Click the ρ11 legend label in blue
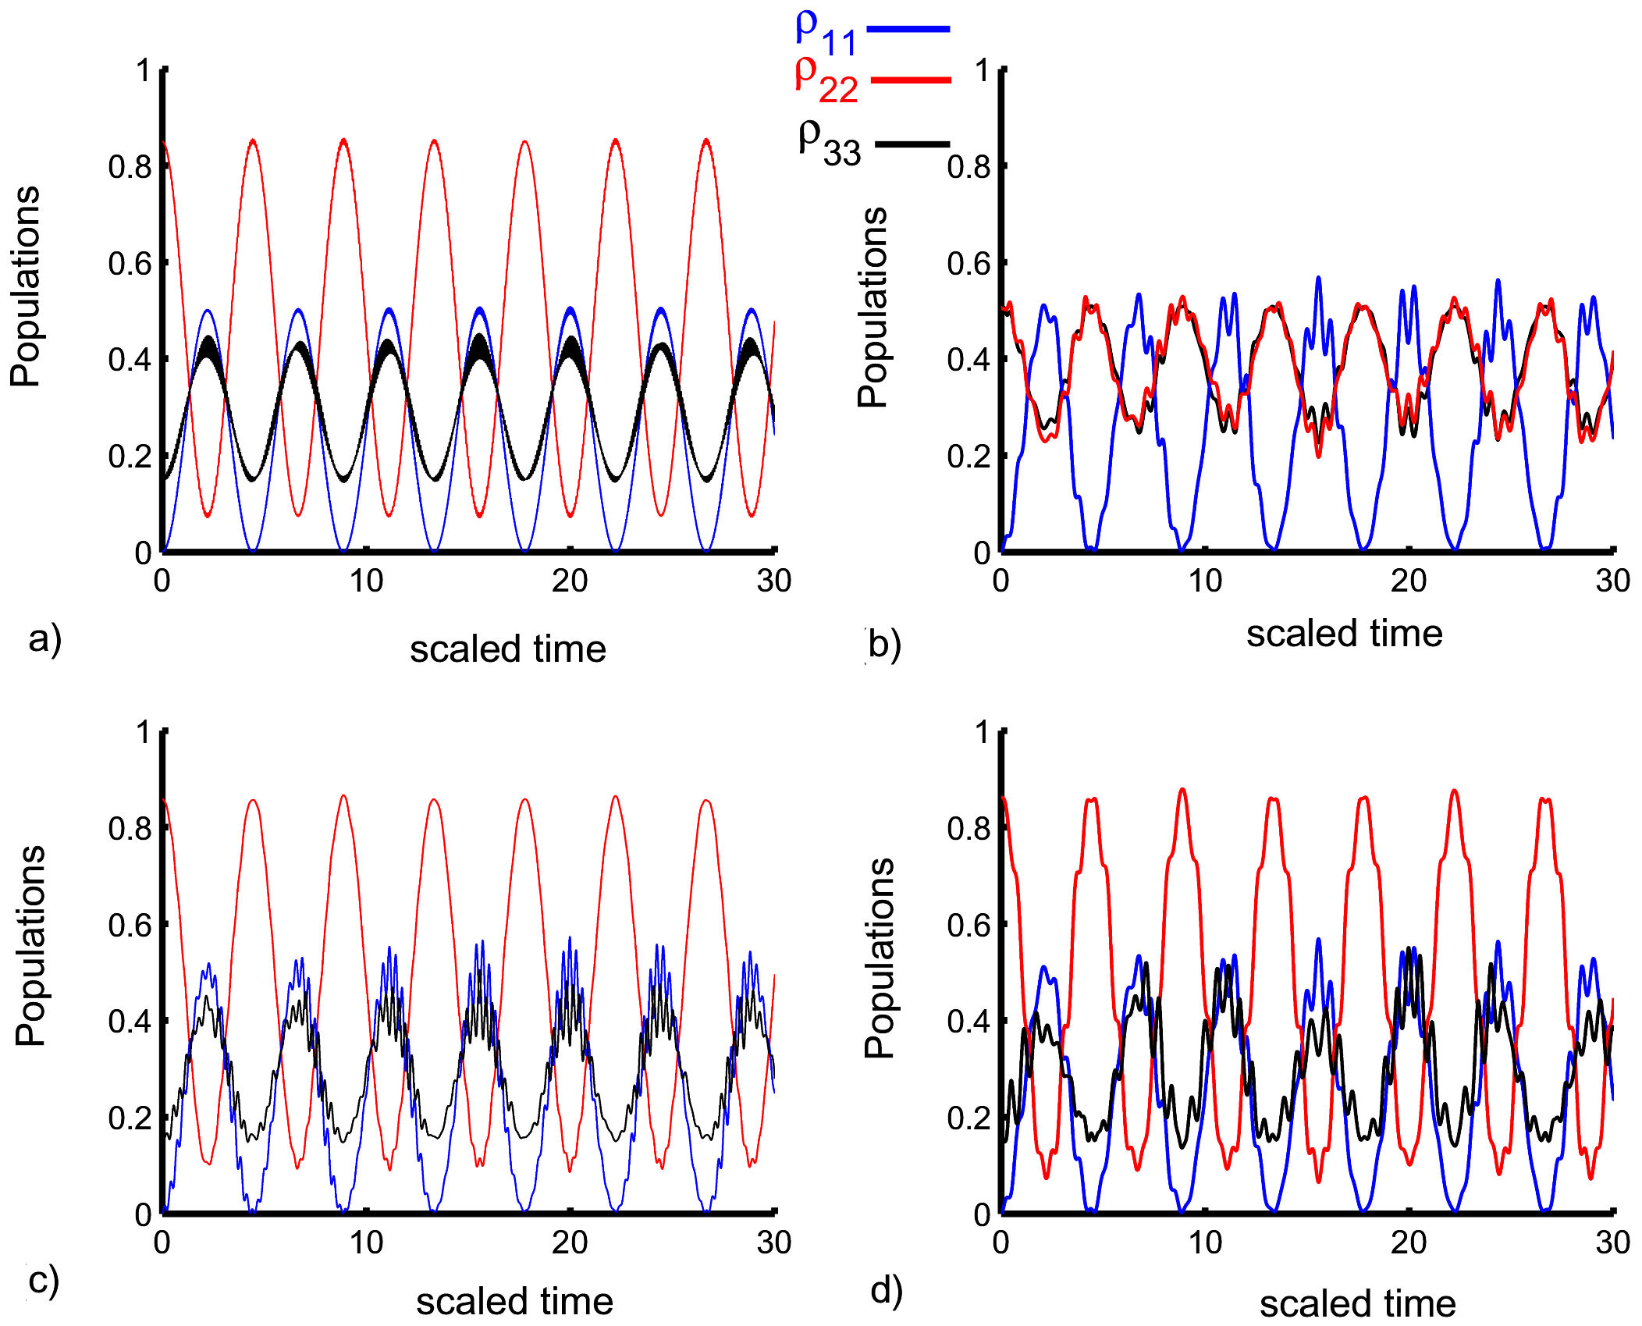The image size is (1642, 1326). (826, 33)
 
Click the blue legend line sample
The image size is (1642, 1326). (908, 29)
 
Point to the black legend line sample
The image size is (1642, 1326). (912, 144)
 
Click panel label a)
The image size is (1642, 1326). (44, 639)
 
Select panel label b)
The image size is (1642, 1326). (884, 645)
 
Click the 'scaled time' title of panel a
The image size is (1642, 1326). (508, 649)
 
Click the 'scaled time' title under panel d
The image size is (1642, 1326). (1357, 1303)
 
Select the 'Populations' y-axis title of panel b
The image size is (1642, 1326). (873, 308)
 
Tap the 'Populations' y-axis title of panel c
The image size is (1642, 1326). (30, 946)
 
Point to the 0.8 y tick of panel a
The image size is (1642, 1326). (130, 166)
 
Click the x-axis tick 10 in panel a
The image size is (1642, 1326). (366, 581)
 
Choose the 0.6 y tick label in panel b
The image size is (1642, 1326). (968, 263)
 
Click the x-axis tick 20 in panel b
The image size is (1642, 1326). (1409, 581)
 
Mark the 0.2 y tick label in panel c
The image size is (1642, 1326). (130, 1118)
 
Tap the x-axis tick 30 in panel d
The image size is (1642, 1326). (1612, 1242)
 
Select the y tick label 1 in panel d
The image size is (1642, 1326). (982, 732)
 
